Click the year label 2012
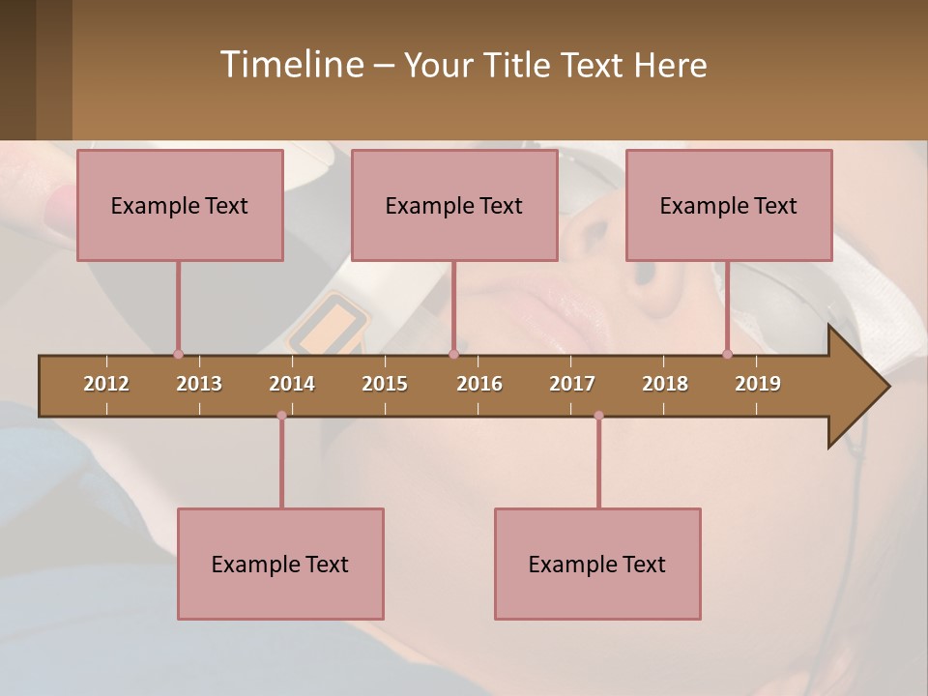pos(106,384)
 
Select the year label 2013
pos(199,384)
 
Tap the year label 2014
pos(292,384)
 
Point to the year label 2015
pos(385,384)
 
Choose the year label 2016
pos(479,384)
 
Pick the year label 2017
pos(572,384)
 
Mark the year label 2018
pos(665,384)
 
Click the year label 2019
pos(758,384)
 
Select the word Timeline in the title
pos(290,65)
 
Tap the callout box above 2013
pos(180,205)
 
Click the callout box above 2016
pos(454,205)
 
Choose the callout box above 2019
pos(729,205)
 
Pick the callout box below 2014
pos(280,564)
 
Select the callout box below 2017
pos(597,564)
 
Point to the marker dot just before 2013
pos(178,354)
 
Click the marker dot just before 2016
pos(453,354)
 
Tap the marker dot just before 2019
pos(727,354)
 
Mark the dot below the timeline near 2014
pos(281,416)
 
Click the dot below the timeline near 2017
pos(598,416)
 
